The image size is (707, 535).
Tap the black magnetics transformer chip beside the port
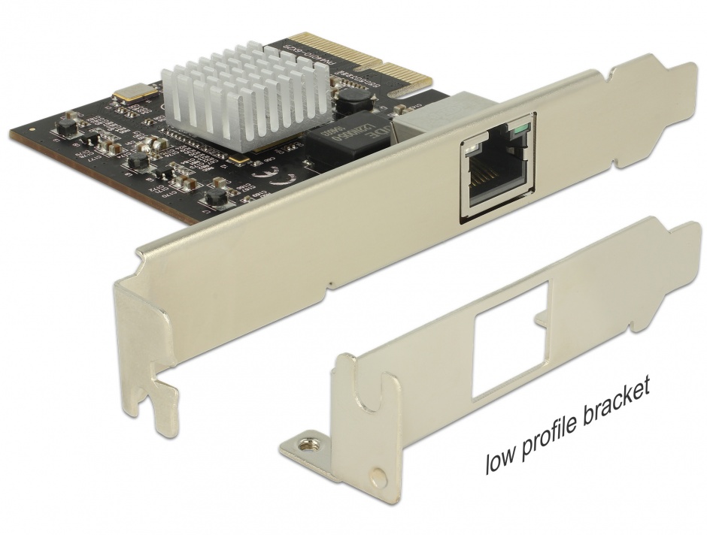338,142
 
